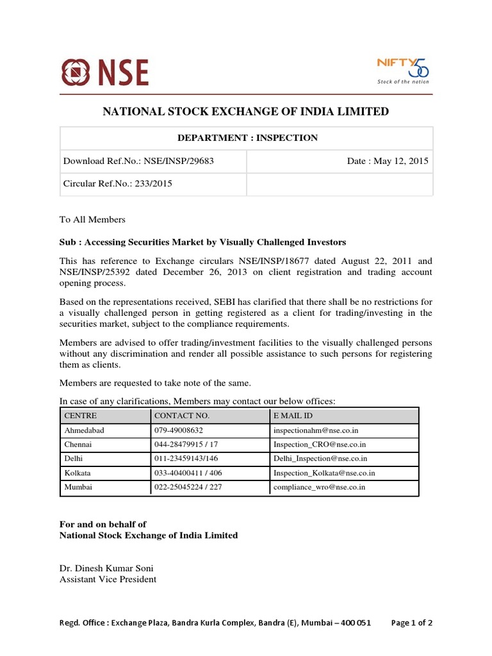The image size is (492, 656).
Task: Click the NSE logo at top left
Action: [x=104, y=72]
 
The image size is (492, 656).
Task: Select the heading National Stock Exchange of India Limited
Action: [x=246, y=112]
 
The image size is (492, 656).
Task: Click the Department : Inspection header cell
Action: [x=246, y=138]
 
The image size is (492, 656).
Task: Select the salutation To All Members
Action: [x=92, y=220]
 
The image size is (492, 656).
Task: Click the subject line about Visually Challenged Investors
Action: [x=202, y=242]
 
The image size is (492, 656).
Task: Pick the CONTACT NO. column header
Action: [x=183, y=416]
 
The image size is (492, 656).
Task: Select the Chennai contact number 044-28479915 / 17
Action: [x=186, y=445]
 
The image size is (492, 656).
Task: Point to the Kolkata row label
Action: [x=78, y=473]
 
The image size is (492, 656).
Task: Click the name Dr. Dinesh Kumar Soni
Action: [x=106, y=568]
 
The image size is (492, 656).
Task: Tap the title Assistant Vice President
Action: [x=108, y=579]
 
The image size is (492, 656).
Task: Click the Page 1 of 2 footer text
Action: [x=412, y=623]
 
